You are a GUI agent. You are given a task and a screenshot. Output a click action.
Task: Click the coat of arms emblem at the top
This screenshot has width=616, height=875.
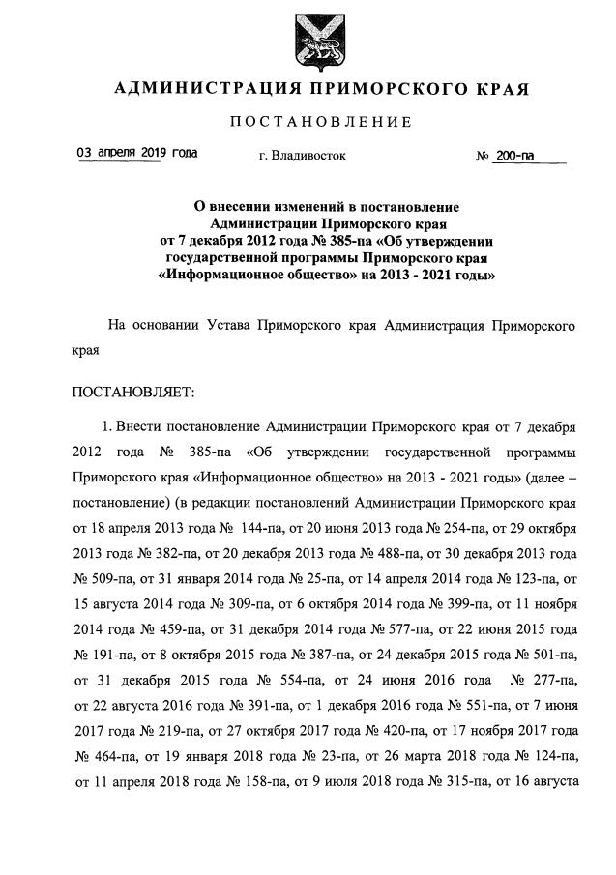pos(307,38)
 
